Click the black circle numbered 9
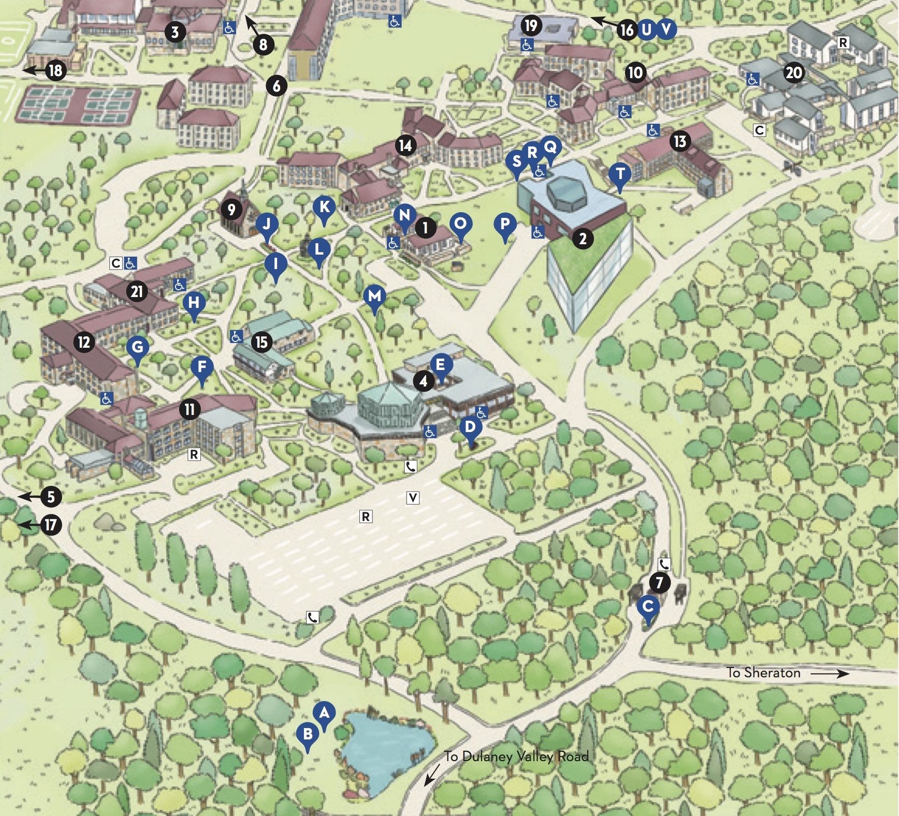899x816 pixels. (x=231, y=210)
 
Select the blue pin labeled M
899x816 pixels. (x=374, y=297)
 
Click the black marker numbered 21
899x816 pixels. (x=137, y=291)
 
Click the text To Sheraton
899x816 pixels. (x=763, y=673)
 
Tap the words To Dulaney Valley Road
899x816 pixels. (x=516, y=756)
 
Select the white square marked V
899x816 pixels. (x=412, y=498)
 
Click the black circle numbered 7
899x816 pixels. (x=659, y=583)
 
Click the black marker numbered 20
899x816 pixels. (x=794, y=73)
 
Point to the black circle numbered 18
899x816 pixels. (x=55, y=70)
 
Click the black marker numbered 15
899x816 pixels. (x=262, y=342)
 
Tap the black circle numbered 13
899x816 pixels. (x=680, y=141)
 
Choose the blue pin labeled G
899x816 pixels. (x=137, y=347)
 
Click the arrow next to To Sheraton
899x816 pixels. (x=830, y=673)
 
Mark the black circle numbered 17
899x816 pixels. (x=51, y=525)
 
